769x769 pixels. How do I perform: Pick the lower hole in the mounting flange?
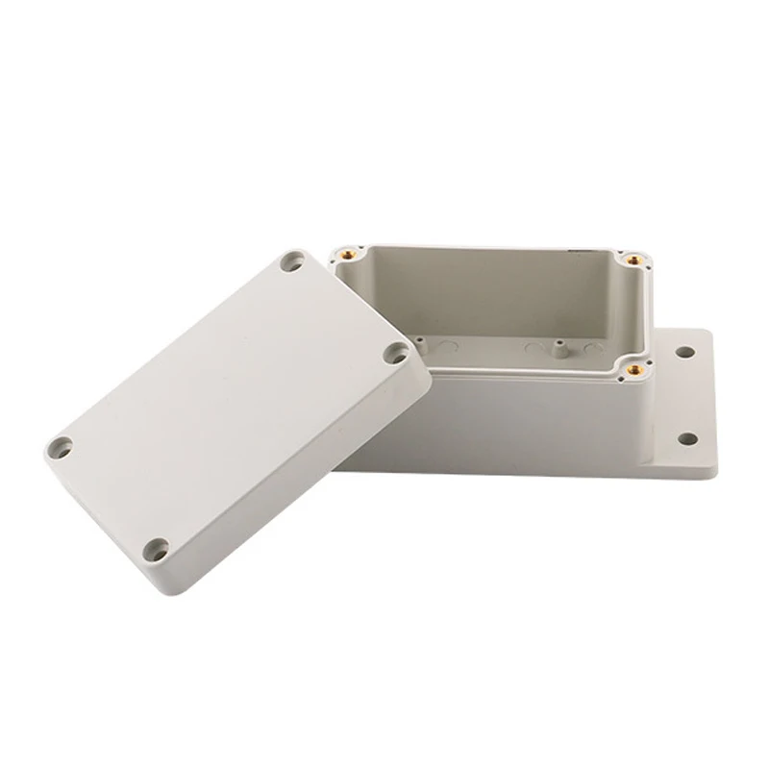pyautogui.click(x=686, y=438)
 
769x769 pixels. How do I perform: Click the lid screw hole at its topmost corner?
pyautogui.click(x=290, y=260)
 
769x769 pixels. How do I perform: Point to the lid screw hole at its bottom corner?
pyautogui.click(x=157, y=549)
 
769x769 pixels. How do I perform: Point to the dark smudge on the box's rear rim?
pyautogui.click(x=583, y=252)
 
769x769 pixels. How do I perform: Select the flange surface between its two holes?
pyautogui.click(x=686, y=397)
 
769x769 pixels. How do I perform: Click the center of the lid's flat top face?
pyautogui.click(x=231, y=404)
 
